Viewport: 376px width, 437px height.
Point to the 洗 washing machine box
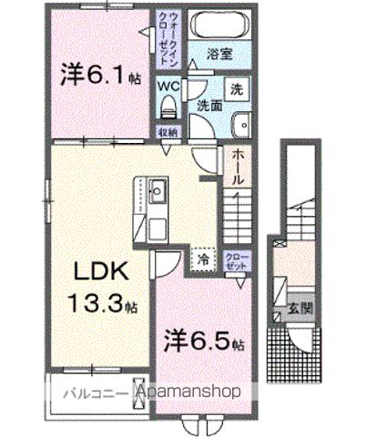(x=237, y=90)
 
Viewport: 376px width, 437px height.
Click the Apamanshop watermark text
(x=189, y=392)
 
